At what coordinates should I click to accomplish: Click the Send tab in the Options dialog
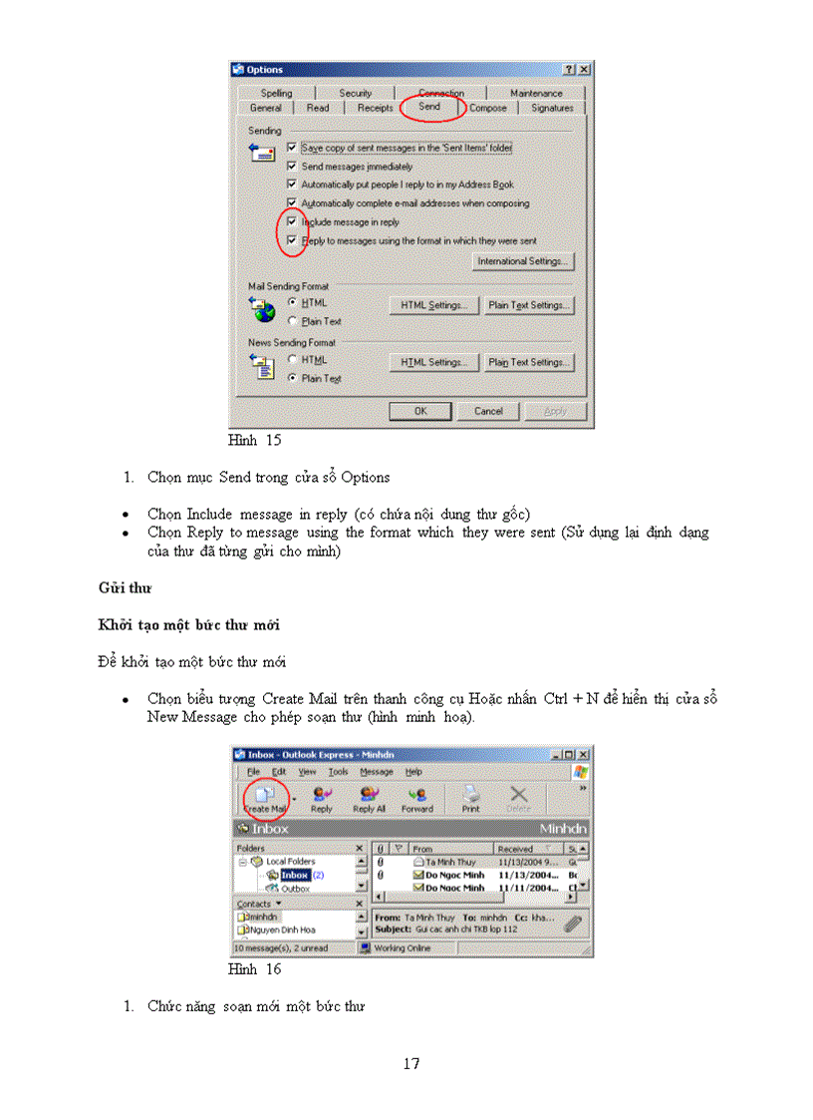[x=429, y=107]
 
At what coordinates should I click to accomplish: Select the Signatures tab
[x=551, y=108]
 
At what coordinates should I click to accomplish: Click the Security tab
[x=355, y=93]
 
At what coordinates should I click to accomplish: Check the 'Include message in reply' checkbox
[x=292, y=221]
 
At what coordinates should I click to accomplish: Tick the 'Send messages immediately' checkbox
[x=292, y=167]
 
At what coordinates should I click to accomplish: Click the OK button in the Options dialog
[x=420, y=411]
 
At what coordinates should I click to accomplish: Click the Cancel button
[x=488, y=411]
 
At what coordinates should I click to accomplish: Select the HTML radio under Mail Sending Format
[x=292, y=302]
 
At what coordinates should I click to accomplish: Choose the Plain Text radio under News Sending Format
[x=292, y=378]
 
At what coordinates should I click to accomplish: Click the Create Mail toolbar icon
[x=265, y=798]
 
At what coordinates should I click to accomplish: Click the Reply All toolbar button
[x=369, y=798]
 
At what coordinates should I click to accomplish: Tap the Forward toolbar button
[x=417, y=798]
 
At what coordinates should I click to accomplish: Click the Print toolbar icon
[x=470, y=798]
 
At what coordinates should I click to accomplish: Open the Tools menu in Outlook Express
[x=339, y=771]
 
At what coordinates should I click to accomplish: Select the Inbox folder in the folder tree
[x=294, y=875]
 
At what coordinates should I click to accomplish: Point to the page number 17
[x=410, y=1063]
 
